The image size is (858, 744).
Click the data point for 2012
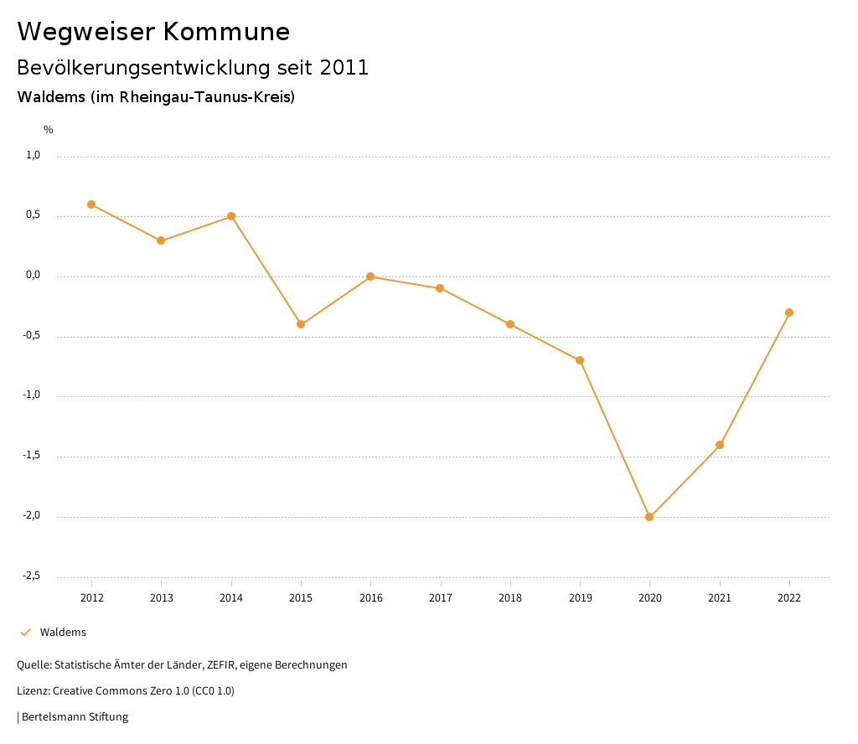(91, 204)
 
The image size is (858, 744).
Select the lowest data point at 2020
(649, 517)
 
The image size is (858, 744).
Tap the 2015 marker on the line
(301, 324)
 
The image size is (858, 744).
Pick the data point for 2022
(789, 313)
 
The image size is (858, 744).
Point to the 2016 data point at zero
(370, 276)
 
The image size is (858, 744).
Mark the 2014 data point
(231, 216)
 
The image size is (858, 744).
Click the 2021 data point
(720, 445)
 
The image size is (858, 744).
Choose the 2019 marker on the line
(580, 360)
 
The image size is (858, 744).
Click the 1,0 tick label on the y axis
(33, 155)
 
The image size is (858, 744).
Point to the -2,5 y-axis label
(31, 576)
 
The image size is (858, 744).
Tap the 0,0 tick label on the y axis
(33, 275)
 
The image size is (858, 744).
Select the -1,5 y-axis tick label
(31, 455)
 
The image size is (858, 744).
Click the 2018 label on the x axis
(510, 598)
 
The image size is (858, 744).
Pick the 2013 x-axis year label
(161, 598)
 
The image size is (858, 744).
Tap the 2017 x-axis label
(441, 598)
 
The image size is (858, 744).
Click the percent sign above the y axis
(49, 130)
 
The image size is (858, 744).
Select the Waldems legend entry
(63, 633)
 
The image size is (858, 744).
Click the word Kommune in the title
(226, 32)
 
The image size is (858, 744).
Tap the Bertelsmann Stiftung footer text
(75, 717)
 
